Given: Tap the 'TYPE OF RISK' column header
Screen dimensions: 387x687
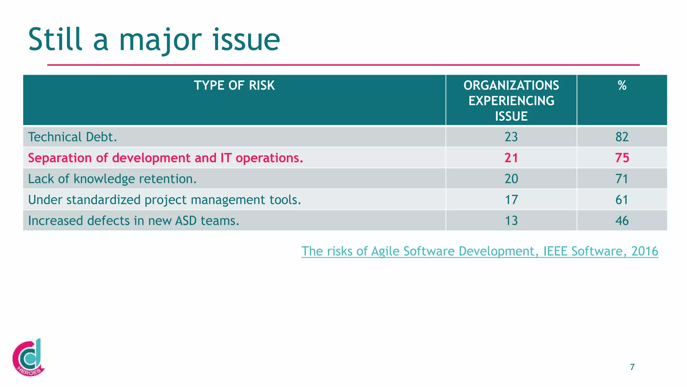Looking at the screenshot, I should pos(234,86).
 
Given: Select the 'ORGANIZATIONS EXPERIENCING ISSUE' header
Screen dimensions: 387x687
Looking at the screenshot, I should pos(511,101).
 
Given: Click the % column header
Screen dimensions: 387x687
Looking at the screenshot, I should pos(622,86).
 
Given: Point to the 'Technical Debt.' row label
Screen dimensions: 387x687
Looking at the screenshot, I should pos(72,137).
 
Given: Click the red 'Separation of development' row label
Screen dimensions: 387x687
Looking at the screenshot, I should pos(165,158).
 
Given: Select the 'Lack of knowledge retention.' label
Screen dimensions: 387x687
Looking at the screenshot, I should pos(112,179).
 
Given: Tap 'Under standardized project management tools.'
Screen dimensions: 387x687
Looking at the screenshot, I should pos(164,200).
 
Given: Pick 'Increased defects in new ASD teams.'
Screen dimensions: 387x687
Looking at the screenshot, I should pos(134,221).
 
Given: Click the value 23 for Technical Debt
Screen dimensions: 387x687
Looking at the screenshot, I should pos(511,137).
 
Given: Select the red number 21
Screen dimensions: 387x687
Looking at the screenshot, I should pos(511,158).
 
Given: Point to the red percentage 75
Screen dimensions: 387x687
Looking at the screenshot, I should pos(622,158).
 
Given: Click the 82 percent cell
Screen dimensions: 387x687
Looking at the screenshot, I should pos(622,137).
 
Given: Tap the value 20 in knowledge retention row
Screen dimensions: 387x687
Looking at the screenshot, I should pos(511,179).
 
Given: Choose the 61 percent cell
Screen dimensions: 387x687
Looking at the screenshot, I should pos(622,200).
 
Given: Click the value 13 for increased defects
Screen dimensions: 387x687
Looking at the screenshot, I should pos(511,221).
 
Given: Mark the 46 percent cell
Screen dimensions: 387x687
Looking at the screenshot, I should pos(622,221).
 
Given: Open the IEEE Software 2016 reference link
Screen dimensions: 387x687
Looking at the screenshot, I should pos(480,251).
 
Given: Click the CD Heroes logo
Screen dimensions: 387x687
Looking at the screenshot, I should pos(29,357).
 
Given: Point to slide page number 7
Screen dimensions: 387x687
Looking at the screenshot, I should pos(632,367).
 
